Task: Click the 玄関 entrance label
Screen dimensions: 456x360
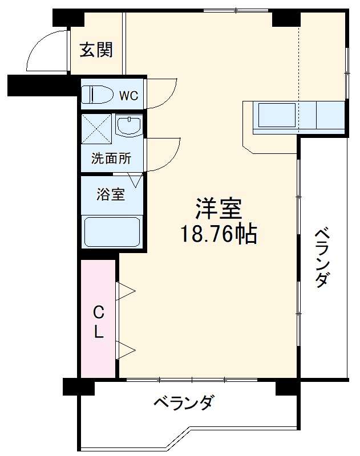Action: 96,51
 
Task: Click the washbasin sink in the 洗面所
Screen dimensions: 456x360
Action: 130,125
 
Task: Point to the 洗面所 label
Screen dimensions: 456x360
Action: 112,158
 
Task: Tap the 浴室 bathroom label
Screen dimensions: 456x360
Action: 111,194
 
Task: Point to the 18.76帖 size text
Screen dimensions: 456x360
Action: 219,234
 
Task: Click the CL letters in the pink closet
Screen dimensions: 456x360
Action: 99,322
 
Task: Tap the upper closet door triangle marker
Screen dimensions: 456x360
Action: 126,291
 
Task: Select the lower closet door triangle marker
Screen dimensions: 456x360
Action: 126,349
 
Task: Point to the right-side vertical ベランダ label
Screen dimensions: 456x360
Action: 322,258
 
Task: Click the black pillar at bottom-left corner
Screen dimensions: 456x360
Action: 78,387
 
